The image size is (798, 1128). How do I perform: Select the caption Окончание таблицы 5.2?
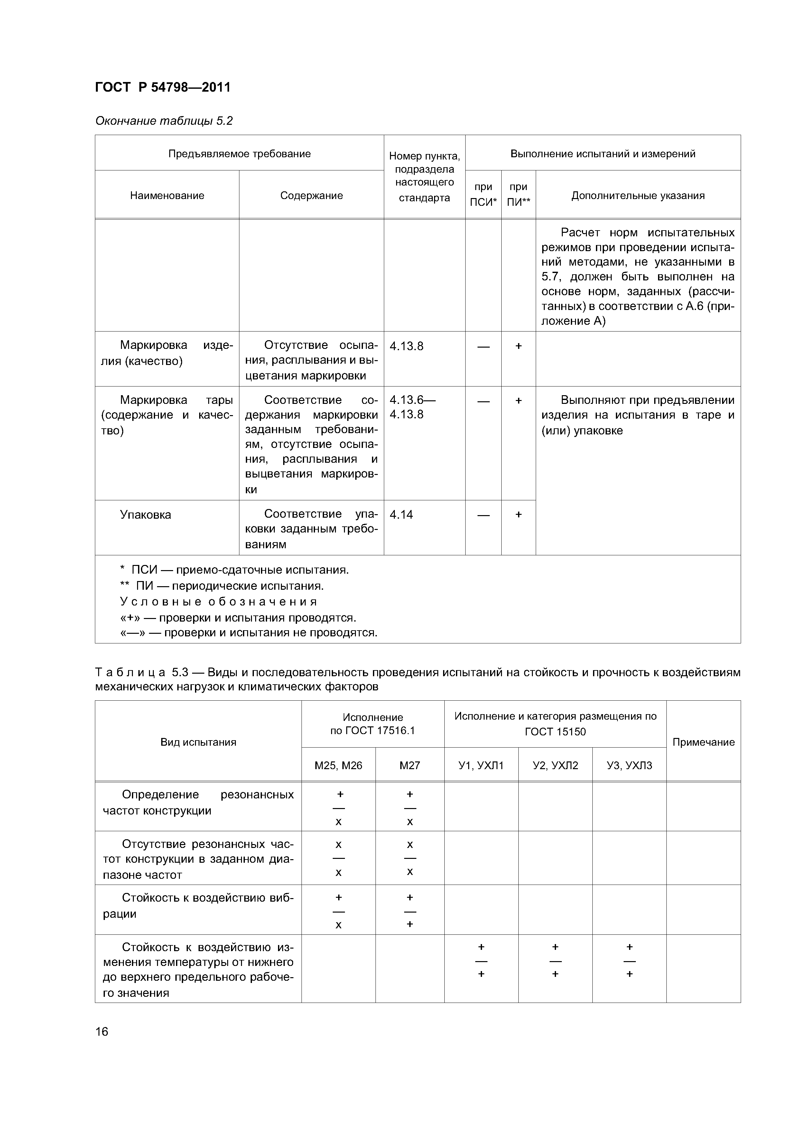(x=164, y=121)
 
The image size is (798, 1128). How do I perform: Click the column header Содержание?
(x=311, y=196)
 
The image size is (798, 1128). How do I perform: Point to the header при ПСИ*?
(x=483, y=195)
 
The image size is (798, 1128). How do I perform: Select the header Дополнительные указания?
(x=638, y=196)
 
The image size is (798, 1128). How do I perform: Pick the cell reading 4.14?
(x=401, y=514)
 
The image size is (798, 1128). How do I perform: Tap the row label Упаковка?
(x=145, y=515)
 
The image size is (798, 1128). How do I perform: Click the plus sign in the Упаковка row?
(x=518, y=514)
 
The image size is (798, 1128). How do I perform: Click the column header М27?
(x=410, y=765)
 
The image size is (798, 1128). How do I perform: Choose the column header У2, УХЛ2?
(x=555, y=765)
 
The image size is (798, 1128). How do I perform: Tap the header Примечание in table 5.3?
(x=703, y=742)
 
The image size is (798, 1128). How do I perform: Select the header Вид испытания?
(x=198, y=742)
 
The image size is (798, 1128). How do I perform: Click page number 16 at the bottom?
(x=102, y=1031)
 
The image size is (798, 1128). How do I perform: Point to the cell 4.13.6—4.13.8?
(x=412, y=407)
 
